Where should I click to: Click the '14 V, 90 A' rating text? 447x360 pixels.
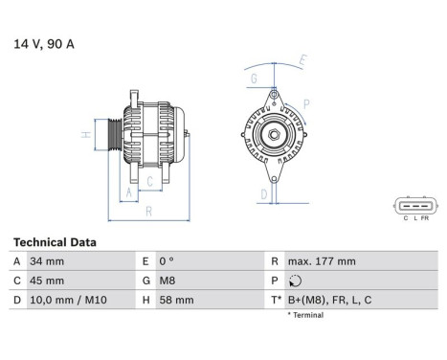point(44,43)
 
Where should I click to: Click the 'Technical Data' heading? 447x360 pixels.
point(54,242)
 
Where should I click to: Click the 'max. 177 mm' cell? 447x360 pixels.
point(322,261)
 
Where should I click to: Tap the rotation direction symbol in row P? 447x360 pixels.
point(294,281)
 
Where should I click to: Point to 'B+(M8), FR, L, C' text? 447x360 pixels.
point(330,300)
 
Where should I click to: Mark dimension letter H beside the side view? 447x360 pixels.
point(85,135)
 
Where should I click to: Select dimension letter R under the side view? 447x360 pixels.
point(148,211)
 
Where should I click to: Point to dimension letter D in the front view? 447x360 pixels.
point(262,192)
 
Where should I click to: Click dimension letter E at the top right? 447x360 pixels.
point(302,60)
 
